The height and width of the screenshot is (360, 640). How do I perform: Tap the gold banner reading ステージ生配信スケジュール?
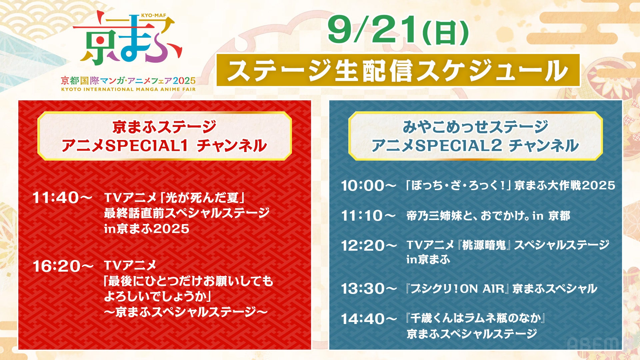pyautogui.click(x=398, y=70)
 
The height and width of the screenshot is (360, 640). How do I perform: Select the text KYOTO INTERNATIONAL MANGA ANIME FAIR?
pyautogui.click(x=128, y=89)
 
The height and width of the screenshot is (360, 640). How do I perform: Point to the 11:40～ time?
pyautogui.click(x=62, y=198)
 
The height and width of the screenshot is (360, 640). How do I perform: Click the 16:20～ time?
pyautogui.click(x=63, y=266)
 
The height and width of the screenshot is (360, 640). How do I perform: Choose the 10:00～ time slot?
pyautogui.click(x=368, y=186)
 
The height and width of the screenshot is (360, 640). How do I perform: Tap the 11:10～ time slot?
pyautogui.click(x=368, y=216)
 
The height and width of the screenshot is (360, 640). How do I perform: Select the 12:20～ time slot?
pyautogui.click(x=369, y=246)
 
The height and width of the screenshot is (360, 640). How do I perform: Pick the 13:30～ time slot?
pyautogui.click(x=369, y=289)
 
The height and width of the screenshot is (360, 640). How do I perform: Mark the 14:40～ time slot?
pyautogui.click(x=369, y=319)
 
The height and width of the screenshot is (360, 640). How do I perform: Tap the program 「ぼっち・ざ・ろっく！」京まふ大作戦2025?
pyautogui.click(x=510, y=185)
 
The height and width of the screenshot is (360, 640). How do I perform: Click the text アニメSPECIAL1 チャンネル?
pyautogui.click(x=164, y=146)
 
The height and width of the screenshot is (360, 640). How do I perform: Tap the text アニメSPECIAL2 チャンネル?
pyautogui.click(x=475, y=146)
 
